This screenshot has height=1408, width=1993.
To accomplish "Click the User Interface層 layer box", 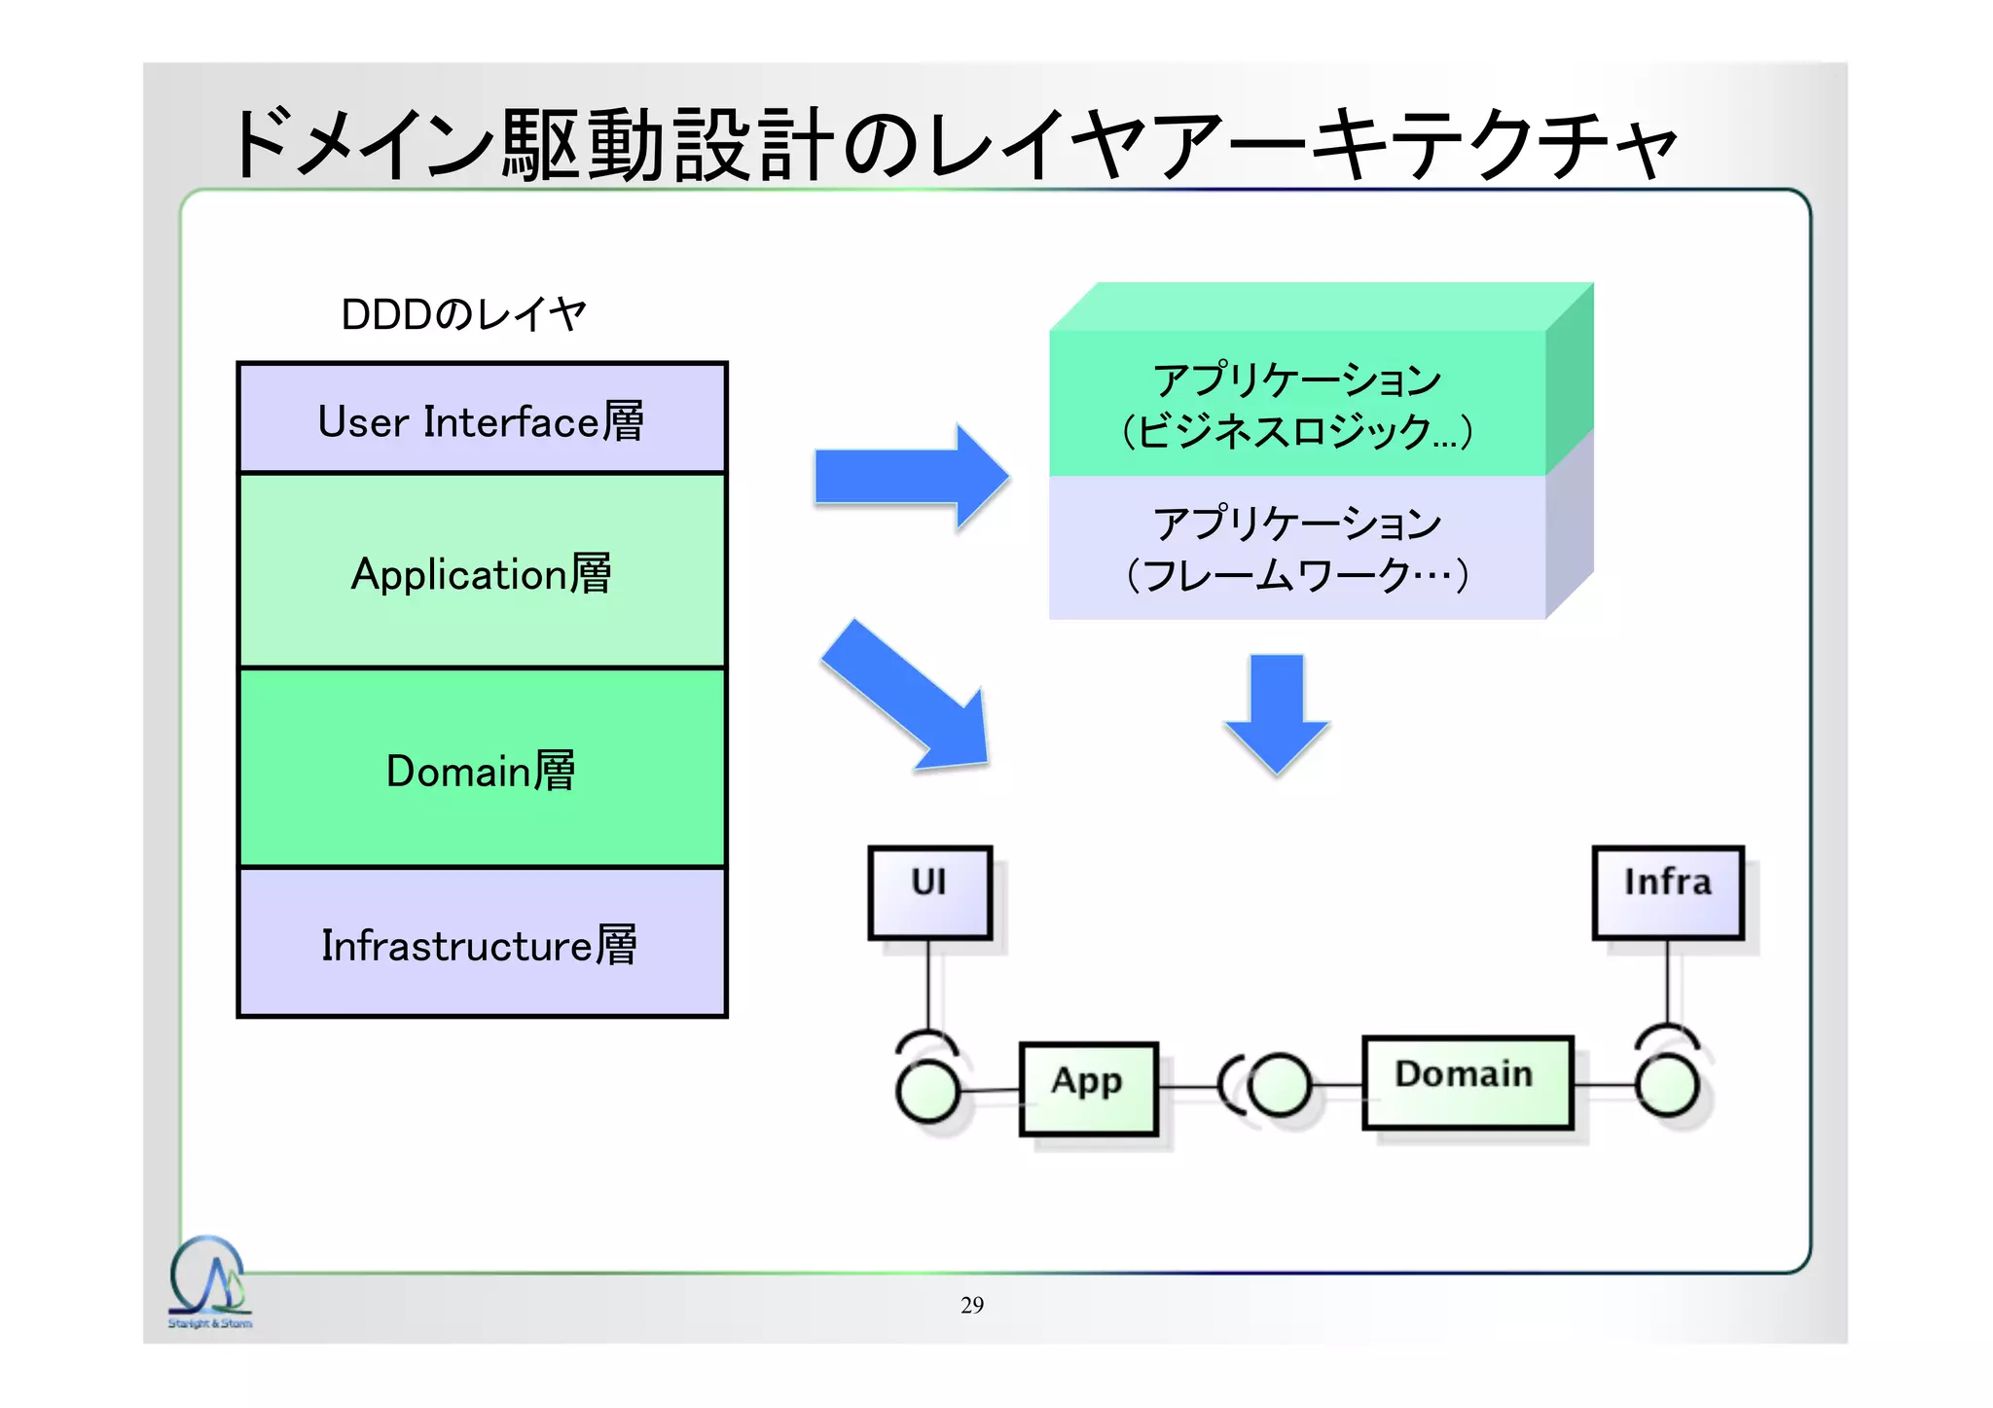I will (482, 419).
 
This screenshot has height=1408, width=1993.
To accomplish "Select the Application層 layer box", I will (482, 572).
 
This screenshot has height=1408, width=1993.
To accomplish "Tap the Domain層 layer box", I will (482, 769).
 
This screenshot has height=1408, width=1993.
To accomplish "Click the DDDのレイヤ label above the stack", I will (463, 314).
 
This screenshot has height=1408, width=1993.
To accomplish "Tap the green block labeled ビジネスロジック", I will (1296, 405).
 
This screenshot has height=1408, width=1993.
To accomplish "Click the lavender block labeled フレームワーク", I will (1296, 548).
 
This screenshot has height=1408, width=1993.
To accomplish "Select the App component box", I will (1088, 1089).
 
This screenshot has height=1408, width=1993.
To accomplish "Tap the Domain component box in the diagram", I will (1467, 1082).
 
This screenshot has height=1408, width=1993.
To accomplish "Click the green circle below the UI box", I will (927, 1091).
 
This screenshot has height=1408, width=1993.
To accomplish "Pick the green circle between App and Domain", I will (1279, 1085).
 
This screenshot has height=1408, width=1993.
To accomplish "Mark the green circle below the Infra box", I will (1667, 1085).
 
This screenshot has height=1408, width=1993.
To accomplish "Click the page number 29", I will (971, 1305).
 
